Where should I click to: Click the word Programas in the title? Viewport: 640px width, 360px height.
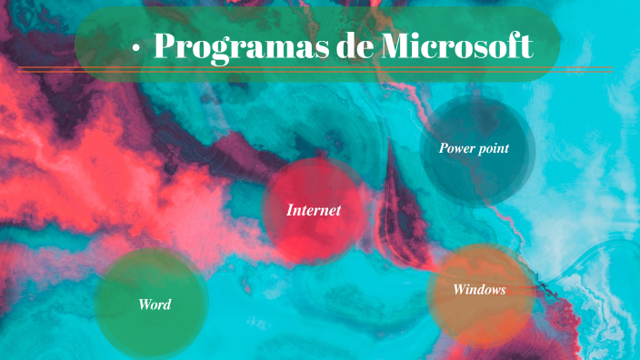point(239,45)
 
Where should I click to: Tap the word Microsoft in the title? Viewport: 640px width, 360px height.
point(455,45)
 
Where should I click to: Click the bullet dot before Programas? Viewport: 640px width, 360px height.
point(135,49)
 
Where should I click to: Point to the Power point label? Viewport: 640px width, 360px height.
point(474,147)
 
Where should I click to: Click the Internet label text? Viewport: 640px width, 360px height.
point(314,210)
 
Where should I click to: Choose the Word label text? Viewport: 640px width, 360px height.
point(155,304)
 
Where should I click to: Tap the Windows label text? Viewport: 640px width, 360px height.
point(479,290)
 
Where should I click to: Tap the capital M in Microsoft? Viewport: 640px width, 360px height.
point(395,45)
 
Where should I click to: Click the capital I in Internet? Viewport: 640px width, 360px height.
point(290,210)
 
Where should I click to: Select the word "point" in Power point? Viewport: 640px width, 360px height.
point(493,148)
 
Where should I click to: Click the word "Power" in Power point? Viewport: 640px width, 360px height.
point(456,147)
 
